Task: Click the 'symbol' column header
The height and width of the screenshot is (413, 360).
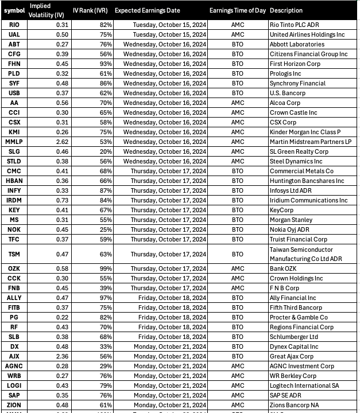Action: [14, 10]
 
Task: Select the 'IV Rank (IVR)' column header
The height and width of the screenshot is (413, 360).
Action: [93, 10]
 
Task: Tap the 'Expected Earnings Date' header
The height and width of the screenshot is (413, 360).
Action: [147, 10]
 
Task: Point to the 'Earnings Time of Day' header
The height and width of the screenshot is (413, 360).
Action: [237, 10]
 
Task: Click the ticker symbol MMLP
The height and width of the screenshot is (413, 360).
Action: [14, 141]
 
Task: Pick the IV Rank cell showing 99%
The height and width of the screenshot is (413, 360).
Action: [105, 268]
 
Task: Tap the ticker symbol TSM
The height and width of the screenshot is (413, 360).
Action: [14, 254]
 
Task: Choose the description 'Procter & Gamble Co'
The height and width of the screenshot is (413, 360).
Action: [298, 317]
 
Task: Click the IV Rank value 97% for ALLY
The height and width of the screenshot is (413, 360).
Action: [105, 298]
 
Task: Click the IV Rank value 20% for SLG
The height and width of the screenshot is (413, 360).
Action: [105, 151]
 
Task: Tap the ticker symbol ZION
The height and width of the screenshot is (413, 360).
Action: [14, 405]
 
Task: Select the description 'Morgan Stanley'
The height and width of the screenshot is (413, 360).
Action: [291, 220]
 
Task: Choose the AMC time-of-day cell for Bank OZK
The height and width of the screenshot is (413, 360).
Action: [237, 268]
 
